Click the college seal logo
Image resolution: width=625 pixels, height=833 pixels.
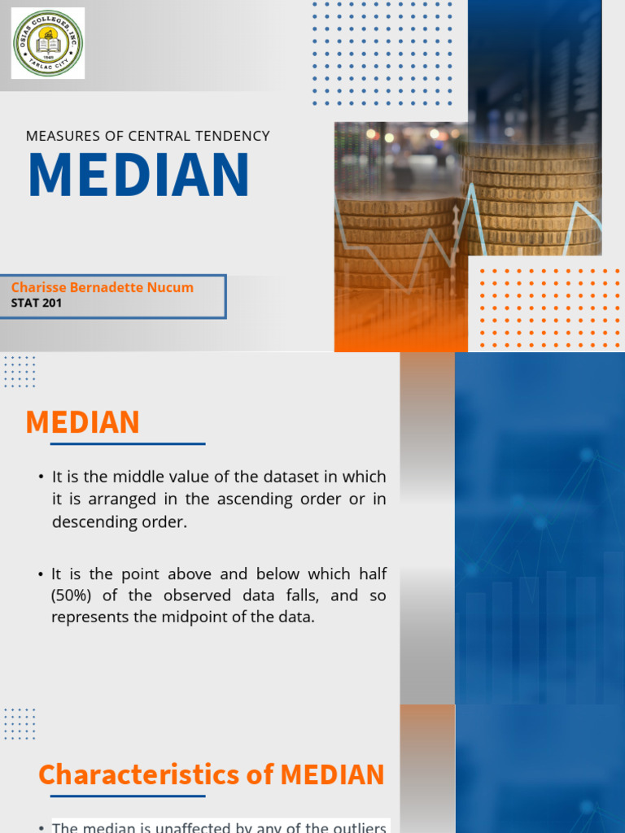click(48, 43)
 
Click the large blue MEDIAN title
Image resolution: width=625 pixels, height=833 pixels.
click(138, 175)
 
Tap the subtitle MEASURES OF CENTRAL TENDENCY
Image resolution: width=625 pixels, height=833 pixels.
click(148, 136)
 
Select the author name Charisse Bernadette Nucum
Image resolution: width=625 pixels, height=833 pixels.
click(103, 287)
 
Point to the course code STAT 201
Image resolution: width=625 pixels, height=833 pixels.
click(37, 303)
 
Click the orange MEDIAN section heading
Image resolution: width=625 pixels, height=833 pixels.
click(82, 422)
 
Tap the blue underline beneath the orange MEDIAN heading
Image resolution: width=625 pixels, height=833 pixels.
click(128, 444)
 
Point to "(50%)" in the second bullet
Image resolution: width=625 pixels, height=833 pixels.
click(73, 595)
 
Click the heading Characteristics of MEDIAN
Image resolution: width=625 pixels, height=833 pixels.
click(212, 774)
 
